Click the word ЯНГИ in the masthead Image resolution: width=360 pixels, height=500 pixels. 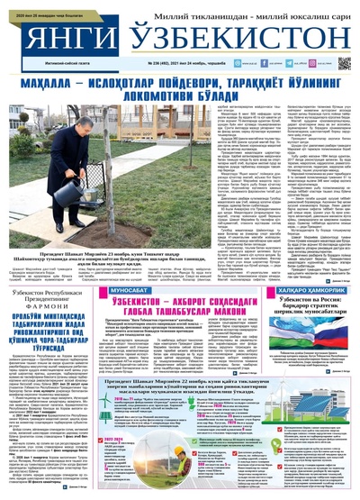click(x=61, y=37)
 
